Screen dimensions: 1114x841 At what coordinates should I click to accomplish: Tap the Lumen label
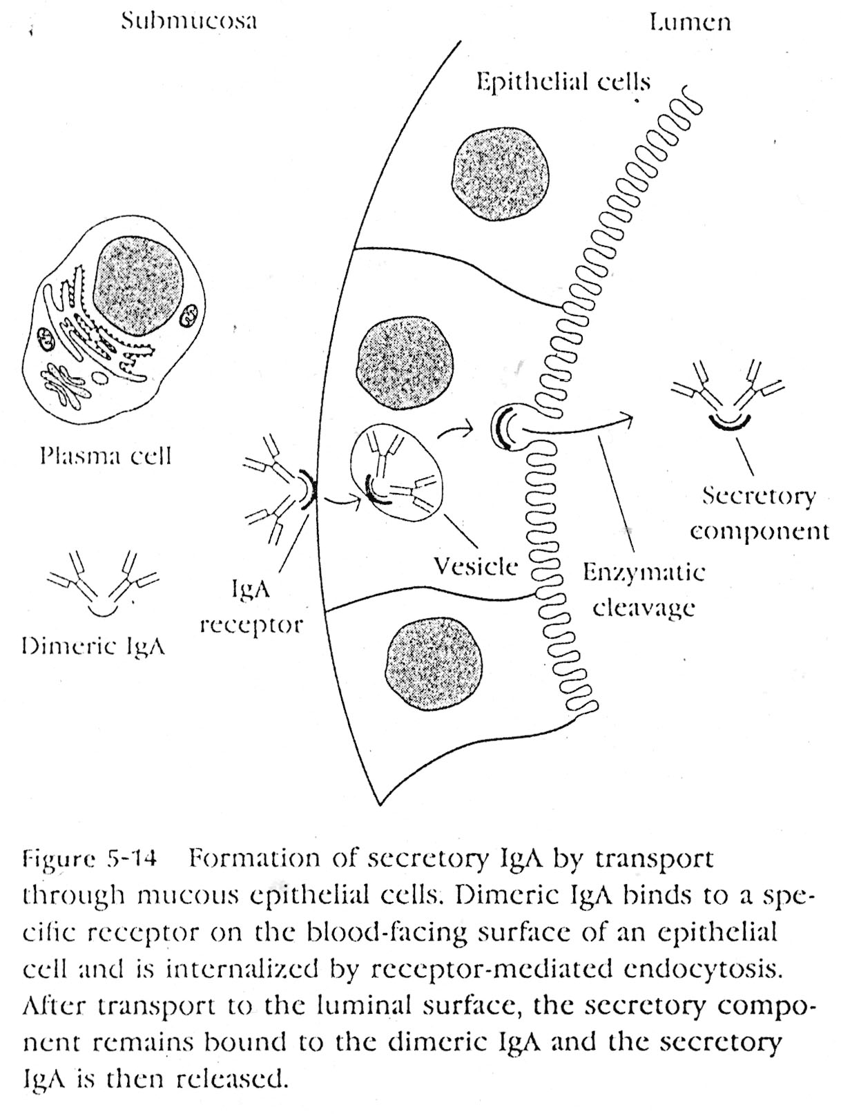pyautogui.click(x=690, y=22)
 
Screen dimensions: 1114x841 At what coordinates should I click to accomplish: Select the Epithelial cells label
pyautogui.click(x=563, y=82)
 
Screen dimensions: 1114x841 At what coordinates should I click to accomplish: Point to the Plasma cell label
pyautogui.click(x=105, y=456)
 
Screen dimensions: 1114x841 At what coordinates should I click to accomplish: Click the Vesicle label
pyautogui.click(x=476, y=566)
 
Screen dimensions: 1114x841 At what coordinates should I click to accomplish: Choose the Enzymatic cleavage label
pyautogui.click(x=644, y=590)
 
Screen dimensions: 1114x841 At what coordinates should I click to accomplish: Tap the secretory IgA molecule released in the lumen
pyautogui.click(x=728, y=394)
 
